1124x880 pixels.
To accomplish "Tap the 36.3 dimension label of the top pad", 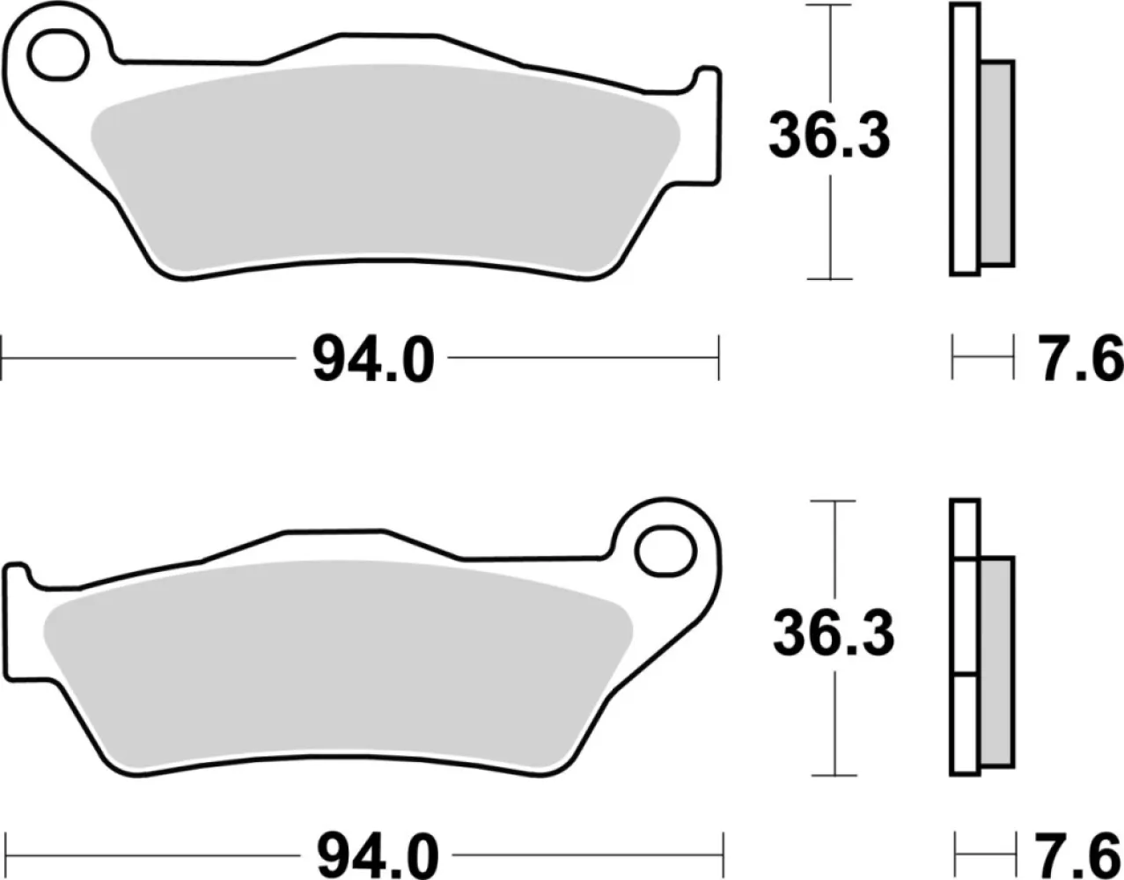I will tap(829, 137).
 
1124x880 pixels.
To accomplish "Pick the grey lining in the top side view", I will tap(996, 163).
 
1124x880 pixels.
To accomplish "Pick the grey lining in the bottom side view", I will tap(996, 660).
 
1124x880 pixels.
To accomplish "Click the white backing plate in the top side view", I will tap(965, 141).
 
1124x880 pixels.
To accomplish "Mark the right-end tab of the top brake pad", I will tap(707, 123).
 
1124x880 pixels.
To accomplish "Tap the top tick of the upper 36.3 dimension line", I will tap(830, 5).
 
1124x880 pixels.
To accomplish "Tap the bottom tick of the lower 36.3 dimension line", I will tap(833, 775).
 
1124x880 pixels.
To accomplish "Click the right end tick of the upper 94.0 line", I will tap(719, 358).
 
